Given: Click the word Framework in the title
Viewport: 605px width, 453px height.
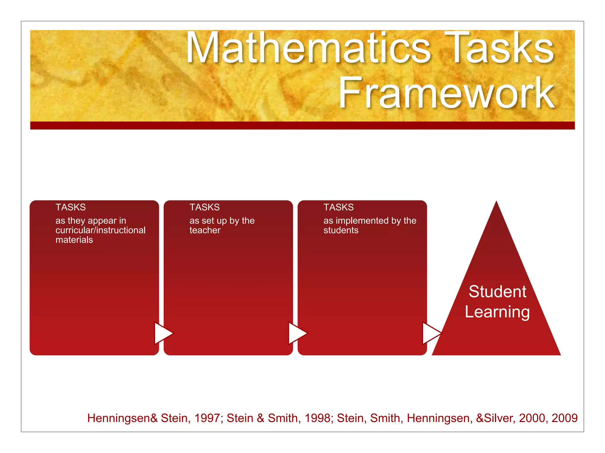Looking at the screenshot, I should pos(446,93).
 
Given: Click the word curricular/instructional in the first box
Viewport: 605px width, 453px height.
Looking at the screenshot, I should pos(100,230).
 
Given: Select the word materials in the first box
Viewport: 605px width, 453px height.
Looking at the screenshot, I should pos(74,240).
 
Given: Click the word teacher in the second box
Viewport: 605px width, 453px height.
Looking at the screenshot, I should pos(205,230).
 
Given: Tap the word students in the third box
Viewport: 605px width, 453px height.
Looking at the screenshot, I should pos(341,230).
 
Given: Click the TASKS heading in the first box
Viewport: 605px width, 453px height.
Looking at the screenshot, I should pos(71,207).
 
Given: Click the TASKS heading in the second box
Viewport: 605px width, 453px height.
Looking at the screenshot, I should pos(204,207).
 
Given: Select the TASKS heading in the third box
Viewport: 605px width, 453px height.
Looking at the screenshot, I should pos(339,207).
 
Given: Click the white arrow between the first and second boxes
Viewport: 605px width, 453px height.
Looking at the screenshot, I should pos(163,333).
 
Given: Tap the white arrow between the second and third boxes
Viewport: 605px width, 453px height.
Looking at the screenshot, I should pos(297,333).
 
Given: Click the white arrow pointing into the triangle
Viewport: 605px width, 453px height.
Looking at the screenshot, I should pos(431,333).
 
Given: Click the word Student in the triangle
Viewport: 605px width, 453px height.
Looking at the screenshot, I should pos(497,292).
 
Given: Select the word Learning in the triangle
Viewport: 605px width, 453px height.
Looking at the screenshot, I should pos(497,312).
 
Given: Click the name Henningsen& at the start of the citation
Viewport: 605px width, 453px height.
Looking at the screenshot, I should pos(122,418).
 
